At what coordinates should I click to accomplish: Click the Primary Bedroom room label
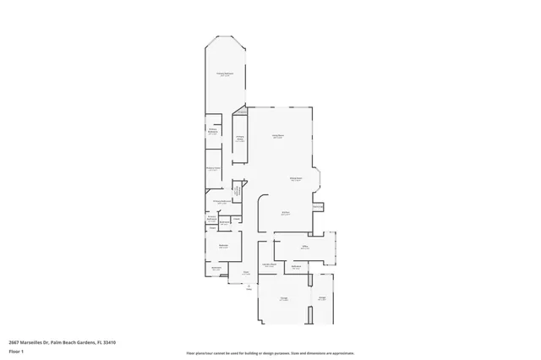[225, 75]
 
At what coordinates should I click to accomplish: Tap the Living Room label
[277, 136]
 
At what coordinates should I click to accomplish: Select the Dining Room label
[296, 179]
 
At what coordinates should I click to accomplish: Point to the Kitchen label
[286, 213]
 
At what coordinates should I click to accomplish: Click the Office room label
[303, 248]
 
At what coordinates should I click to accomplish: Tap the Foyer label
[246, 273]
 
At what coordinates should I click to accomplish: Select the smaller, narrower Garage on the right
[322, 297]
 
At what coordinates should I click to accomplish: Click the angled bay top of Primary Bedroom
[225, 41]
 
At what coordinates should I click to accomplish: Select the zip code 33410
[109, 342]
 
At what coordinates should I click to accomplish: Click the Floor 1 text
[16, 351]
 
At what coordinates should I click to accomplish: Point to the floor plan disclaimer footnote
[270, 352]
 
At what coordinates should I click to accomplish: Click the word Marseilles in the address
[36, 342]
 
